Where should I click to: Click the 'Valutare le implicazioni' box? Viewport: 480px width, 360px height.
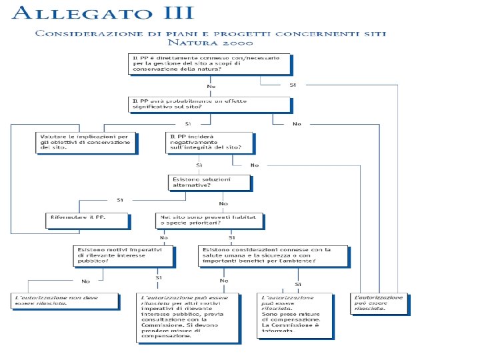pos(86,142)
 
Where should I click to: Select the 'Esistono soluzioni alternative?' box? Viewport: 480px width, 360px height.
pos(209,182)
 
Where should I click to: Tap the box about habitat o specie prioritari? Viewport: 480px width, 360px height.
pos(209,221)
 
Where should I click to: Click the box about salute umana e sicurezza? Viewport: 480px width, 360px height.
pos(273,255)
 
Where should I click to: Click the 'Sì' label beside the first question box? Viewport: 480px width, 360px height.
pos(293,85)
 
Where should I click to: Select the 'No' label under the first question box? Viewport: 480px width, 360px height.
pos(211,87)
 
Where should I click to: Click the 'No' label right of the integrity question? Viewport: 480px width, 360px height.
pos(255,165)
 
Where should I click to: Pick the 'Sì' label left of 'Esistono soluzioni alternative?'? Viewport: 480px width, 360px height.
pos(120,199)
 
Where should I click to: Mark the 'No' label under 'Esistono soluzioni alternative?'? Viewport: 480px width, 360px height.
pos(223,203)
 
